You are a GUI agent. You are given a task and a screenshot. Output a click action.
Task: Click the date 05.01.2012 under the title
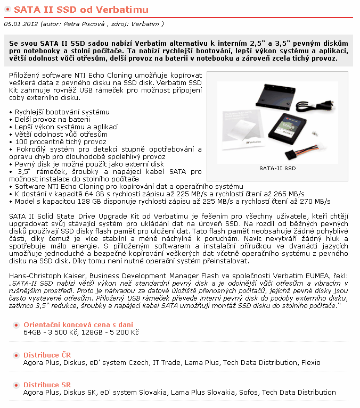pyautogui.click(x=20, y=24)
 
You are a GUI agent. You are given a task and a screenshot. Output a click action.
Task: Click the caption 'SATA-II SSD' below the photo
pyautogui.click(x=277, y=168)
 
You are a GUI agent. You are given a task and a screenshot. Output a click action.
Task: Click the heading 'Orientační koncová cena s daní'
pyautogui.click(x=78, y=324)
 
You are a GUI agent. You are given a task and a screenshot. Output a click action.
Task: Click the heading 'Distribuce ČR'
pyautogui.click(x=47, y=355)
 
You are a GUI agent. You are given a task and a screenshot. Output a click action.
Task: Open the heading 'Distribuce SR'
pyautogui.click(x=47, y=385)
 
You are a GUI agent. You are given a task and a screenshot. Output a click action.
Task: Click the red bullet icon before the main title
pyautogui.click(x=7, y=10)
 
